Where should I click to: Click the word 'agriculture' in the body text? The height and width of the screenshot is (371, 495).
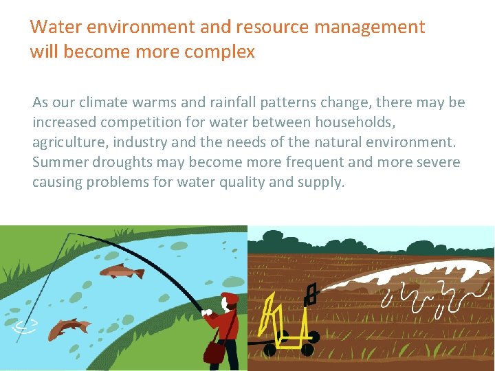(x=67, y=142)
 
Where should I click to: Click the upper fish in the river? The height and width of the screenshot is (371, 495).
(x=122, y=271)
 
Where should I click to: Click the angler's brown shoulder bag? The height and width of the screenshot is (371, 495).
(x=214, y=352)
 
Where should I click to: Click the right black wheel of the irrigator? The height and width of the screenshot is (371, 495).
(x=313, y=337)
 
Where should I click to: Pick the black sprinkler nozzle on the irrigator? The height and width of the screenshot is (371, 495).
(x=310, y=294)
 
